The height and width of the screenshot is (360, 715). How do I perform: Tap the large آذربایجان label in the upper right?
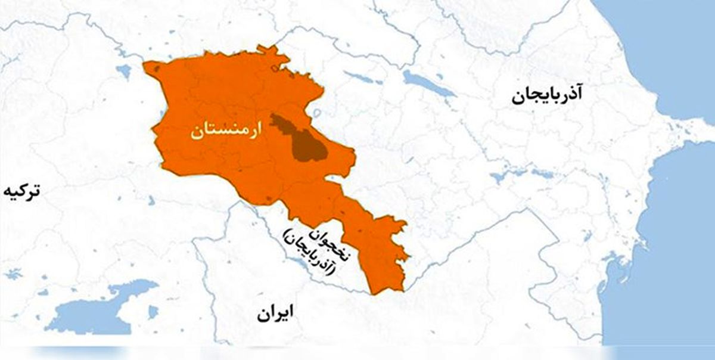coord(548,95)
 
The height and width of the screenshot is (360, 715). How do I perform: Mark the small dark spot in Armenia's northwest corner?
coord(156,69)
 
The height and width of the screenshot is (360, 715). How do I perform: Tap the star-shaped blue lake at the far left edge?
coord(12,274)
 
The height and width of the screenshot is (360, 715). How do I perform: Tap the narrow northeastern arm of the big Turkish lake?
coord(137,286)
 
